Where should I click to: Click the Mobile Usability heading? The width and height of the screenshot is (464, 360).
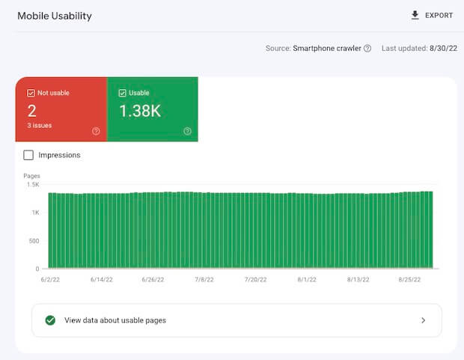pyautogui.click(x=55, y=16)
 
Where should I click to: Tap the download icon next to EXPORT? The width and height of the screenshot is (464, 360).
pyautogui.click(x=415, y=15)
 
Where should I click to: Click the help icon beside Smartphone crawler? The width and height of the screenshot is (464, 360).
pyautogui.click(x=367, y=48)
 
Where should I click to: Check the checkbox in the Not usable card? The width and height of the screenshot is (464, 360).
pyautogui.click(x=31, y=93)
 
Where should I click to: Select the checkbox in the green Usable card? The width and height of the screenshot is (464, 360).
pyautogui.click(x=123, y=93)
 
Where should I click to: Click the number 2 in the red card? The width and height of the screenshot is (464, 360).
pyautogui.click(x=32, y=112)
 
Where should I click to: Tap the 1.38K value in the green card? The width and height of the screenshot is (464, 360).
pyautogui.click(x=140, y=112)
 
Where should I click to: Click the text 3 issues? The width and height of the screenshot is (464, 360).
pyautogui.click(x=40, y=126)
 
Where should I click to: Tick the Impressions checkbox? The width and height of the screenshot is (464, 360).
pyautogui.click(x=28, y=155)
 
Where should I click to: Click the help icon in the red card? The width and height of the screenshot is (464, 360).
pyautogui.click(x=96, y=131)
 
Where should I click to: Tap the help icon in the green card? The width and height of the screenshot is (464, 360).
pyautogui.click(x=187, y=131)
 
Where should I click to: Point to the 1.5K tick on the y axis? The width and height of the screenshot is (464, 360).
pyautogui.click(x=33, y=184)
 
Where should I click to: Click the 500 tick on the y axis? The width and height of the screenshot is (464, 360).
pyautogui.click(x=33, y=241)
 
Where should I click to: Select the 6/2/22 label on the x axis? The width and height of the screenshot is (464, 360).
pyautogui.click(x=49, y=278)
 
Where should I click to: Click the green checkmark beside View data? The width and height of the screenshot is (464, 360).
pyautogui.click(x=50, y=320)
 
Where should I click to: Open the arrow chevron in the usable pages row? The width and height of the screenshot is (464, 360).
pyautogui.click(x=423, y=320)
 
